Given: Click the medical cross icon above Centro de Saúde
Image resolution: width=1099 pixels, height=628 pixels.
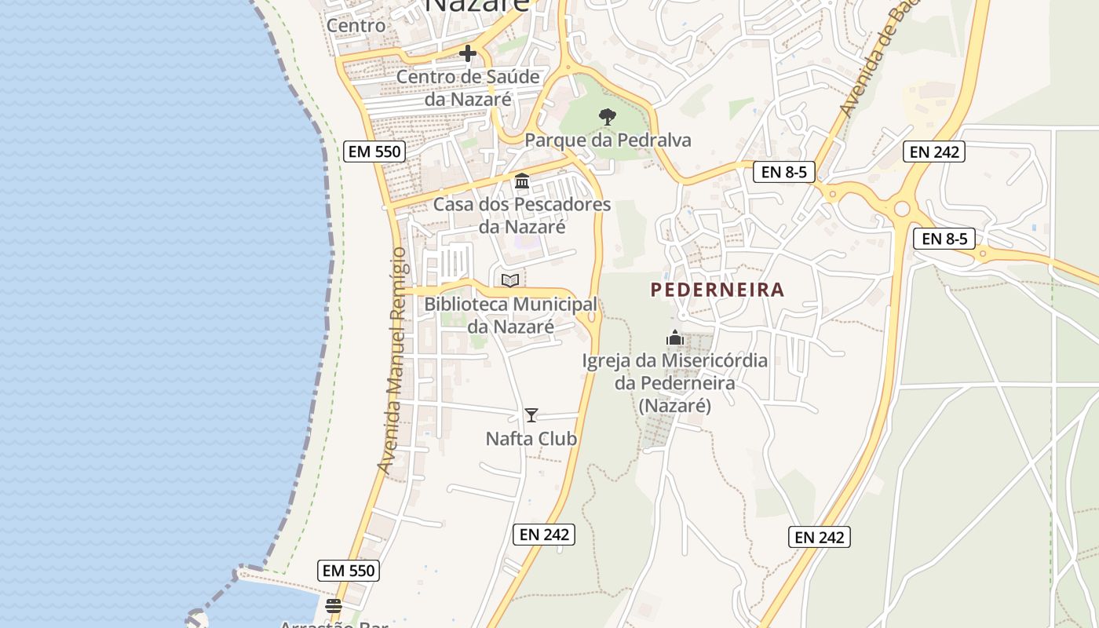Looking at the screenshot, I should pyautogui.click(x=468, y=53).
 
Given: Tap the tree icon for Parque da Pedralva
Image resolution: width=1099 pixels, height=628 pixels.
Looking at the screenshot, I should pyautogui.click(x=607, y=117).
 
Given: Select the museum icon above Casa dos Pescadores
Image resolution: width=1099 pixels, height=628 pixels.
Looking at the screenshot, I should pyautogui.click(x=522, y=181).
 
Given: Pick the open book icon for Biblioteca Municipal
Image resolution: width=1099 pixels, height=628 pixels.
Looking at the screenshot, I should pyautogui.click(x=510, y=280).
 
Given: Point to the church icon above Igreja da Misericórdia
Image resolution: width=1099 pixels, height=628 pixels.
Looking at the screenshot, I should pyautogui.click(x=675, y=338).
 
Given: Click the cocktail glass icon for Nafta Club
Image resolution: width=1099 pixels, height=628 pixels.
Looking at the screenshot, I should pyautogui.click(x=531, y=415).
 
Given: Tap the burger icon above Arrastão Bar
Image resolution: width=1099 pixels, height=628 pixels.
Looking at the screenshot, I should pyautogui.click(x=334, y=606).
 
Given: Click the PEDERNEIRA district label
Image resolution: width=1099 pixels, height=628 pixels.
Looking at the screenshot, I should pyautogui.click(x=717, y=290).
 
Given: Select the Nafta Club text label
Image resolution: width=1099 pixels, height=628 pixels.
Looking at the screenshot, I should pyautogui.click(x=531, y=439).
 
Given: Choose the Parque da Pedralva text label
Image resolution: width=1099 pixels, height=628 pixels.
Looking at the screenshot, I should pyautogui.click(x=608, y=141).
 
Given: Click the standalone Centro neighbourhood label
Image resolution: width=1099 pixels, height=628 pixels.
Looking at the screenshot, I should pyautogui.click(x=356, y=25).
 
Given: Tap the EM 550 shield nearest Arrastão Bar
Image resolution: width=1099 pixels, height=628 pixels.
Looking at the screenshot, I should pyautogui.click(x=349, y=571).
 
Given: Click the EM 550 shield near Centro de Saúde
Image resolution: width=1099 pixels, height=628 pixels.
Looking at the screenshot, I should pyautogui.click(x=374, y=152).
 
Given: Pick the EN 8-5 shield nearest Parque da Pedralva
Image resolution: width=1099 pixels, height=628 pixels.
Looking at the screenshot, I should pyautogui.click(x=784, y=172).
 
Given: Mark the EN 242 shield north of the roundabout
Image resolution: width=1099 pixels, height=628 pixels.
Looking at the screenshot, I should pyautogui.click(x=934, y=152).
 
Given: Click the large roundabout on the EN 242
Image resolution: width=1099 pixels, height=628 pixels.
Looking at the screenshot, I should pyautogui.click(x=901, y=209).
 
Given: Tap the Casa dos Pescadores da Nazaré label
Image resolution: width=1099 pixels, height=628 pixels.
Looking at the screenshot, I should pyautogui.click(x=522, y=216).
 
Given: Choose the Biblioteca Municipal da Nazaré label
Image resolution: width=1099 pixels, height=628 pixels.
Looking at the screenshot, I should pyautogui.click(x=511, y=315).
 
